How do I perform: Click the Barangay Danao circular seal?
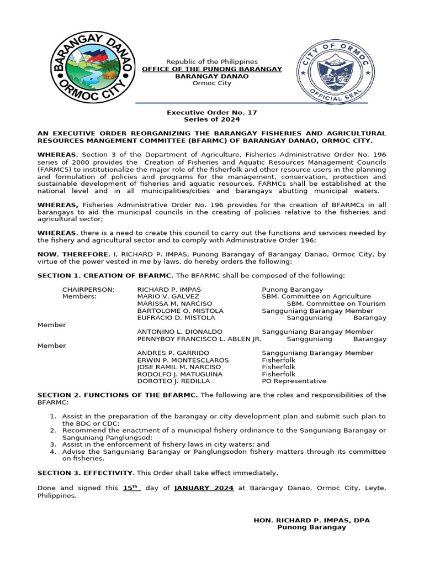pyautogui.click(x=92, y=66)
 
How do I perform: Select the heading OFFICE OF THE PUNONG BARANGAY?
pyautogui.click(x=212, y=69)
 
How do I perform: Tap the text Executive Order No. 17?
pyautogui.click(x=212, y=112)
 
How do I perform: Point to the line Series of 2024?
pyautogui.click(x=212, y=119)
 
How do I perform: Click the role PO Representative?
pyautogui.click(x=294, y=381)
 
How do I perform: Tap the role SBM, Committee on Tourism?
pyautogui.click(x=336, y=304)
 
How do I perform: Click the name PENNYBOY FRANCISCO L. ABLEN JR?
pyautogui.click(x=199, y=339)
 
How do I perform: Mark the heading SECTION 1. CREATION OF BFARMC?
pyautogui.click(x=105, y=275)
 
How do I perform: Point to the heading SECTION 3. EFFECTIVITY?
pyautogui.click(x=85, y=473)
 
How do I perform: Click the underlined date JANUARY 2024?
pyautogui.click(x=204, y=488)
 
